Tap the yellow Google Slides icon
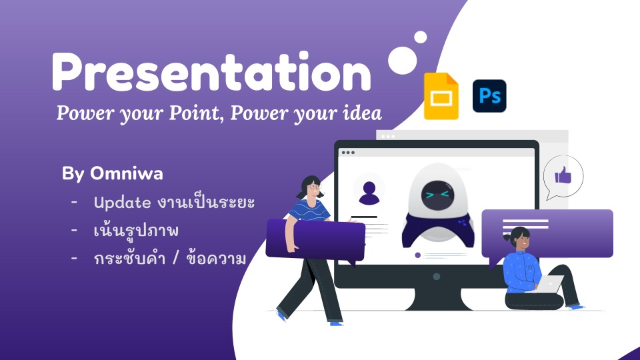[x=441, y=97]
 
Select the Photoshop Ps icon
[x=489, y=96]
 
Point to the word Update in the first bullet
[x=122, y=202]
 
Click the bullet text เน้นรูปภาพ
[x=137, y=231]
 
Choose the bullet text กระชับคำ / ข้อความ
[x=170, y=259]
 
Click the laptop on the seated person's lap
[x=550, y=284]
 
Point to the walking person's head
[x=311, y=187]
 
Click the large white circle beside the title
[x=403, y=60]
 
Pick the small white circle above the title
[x=421, y=37]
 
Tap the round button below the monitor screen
[x=436, y=276]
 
